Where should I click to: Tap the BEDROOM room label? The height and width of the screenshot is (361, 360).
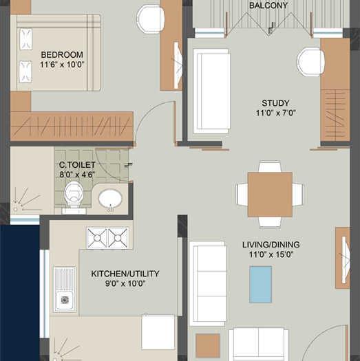coord(61,54)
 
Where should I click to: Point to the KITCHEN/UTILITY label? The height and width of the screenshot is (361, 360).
coord(125,274)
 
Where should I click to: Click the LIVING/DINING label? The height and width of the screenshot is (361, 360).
coord(271,244)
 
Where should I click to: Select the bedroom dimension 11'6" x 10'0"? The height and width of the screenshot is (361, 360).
coord(61,64)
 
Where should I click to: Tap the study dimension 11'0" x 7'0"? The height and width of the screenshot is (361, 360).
coord(275,113)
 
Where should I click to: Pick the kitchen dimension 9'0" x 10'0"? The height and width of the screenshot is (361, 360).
coord(125,283)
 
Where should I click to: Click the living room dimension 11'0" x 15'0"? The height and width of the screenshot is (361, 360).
coord(271,254)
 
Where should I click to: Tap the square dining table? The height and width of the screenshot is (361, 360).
coord(270,195)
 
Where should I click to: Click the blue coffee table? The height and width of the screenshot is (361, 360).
coord(260,284)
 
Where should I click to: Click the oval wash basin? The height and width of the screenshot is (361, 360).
coord(110,199)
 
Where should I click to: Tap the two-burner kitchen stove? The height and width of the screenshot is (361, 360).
coord(107,237)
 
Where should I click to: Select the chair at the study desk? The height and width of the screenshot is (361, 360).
coord(310,62)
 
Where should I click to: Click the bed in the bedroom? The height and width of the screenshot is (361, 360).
coord(55,52)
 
